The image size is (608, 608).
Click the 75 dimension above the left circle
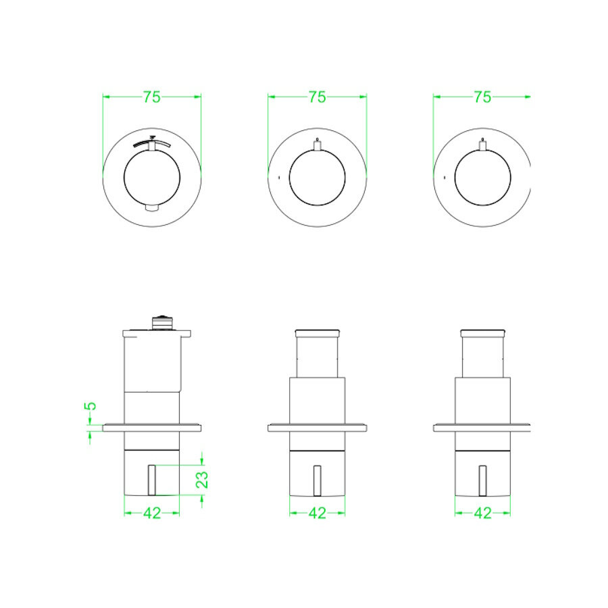(x=152, y=97)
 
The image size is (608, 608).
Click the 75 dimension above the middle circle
(x=317, y=97)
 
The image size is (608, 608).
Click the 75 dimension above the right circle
(x=482, y=97)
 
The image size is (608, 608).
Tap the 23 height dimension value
(x=202, y=479)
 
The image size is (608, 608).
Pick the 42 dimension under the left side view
(x=152, y=513)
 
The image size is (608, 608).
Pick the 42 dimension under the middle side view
(x=317, y=513)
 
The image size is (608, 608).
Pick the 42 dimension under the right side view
(x=482, y=513)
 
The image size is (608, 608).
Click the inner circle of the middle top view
(x=317, y=179)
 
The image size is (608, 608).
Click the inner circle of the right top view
(x=482, y=179)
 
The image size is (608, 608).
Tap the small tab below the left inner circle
(x=152, y=207)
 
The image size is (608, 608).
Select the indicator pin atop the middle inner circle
(x=318, y=144)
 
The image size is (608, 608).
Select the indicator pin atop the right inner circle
(x=482, y=144)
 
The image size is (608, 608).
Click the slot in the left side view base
(x=152, y=480)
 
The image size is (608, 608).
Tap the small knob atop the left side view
(x=162, y=322)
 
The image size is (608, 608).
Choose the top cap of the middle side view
(x=317, y=332)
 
